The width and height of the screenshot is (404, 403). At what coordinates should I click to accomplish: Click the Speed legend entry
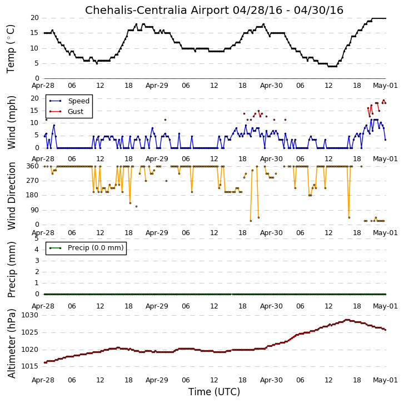pos(69,101)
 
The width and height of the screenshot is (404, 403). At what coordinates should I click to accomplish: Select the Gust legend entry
pos(67,112)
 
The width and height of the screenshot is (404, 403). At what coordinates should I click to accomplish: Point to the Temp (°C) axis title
pos(11,49)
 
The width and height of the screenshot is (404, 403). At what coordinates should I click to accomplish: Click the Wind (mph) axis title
pos(11,122)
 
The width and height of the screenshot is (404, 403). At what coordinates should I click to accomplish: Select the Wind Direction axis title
pos(11,196)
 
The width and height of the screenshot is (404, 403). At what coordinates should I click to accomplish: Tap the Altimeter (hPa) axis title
pos(11,344)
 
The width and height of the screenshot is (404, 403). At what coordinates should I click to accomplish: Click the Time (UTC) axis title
pos(214,392)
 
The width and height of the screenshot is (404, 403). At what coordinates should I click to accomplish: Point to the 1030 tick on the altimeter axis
pos(29,315)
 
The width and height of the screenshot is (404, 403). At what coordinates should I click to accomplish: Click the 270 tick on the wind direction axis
pos(33,181)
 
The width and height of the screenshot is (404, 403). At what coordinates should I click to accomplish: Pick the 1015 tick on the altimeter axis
pos(29,366)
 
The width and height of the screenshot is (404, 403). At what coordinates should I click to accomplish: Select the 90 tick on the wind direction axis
pos(35,210)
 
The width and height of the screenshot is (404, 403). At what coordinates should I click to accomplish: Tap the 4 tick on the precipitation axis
pos(37,250)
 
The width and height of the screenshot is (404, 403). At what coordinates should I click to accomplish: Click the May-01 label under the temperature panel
pos(385,86)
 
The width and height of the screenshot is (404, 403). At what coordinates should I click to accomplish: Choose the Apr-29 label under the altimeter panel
pos(157,380)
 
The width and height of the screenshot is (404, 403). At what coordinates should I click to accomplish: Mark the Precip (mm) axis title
pos(11,270)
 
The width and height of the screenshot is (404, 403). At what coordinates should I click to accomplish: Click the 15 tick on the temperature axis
pos(34,33)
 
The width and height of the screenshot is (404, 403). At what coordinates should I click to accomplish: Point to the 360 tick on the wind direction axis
pos(33,166)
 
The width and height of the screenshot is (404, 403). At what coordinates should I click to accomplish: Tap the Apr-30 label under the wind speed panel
pos(271,159)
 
